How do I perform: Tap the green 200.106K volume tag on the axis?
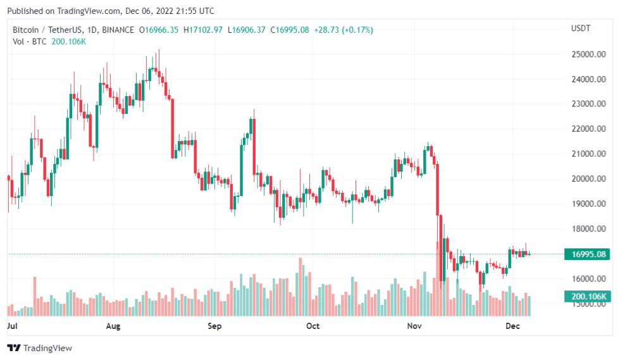pyautogui.click(x=588, y=296)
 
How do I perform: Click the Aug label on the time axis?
pyautogui.click(x=113, y=326)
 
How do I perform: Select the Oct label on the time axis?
pyautogui.click(x=313, y=326)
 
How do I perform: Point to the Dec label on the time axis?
pyautogui.click(x=513, y=326)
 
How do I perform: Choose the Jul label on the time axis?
pyautogui.click(x=11, y=326)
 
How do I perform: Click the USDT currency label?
pyautogui.click(x=581, y=28)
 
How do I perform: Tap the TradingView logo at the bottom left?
pyautogui.click(x=39, y=348)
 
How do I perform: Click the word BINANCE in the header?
pyautogui.click(x=118, y=30)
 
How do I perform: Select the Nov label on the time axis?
pyautogui.click(x=414, y=326)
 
